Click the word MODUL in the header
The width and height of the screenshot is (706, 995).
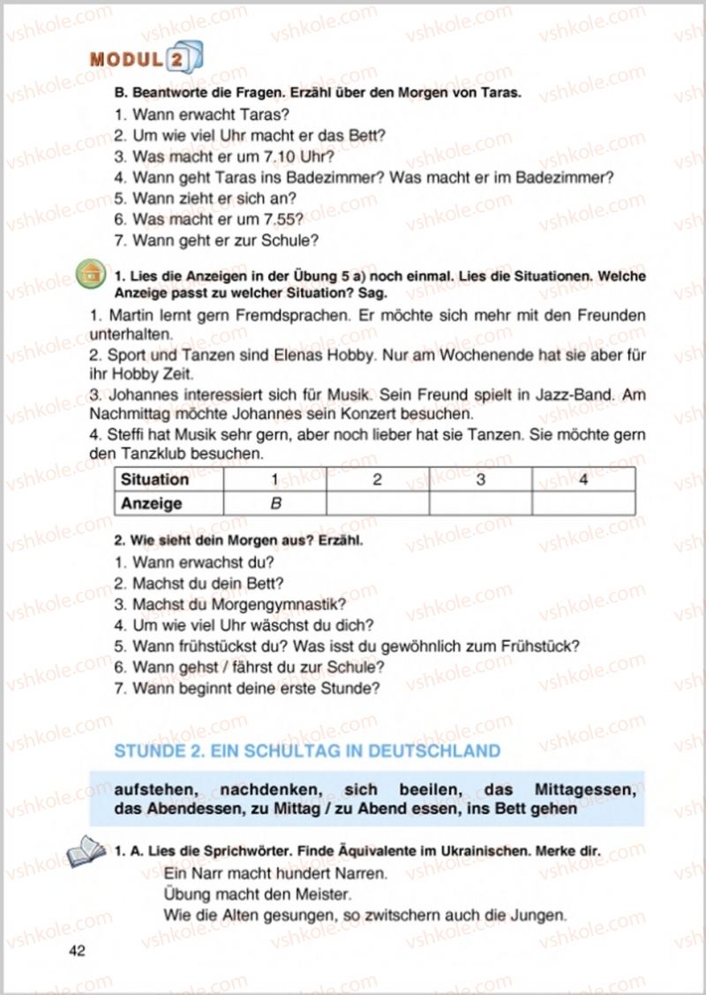point(125,60)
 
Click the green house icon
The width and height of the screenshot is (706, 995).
point(88,274)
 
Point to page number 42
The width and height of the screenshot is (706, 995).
point(77,950)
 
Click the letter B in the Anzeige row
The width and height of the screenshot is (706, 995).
point(274,503)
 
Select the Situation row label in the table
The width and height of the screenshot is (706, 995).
point(155,479)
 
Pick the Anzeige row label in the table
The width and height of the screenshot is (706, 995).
point(152,503)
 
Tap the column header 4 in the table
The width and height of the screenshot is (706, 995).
point(582,479)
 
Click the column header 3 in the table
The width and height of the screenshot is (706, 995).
point(480,479)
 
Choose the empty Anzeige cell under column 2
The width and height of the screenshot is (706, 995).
point(377,503)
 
